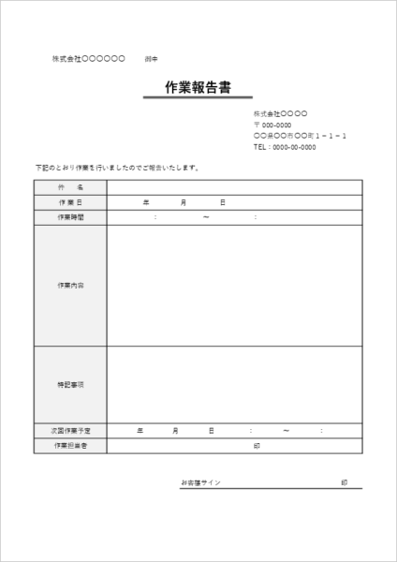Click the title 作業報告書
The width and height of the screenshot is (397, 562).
tap(198, 87)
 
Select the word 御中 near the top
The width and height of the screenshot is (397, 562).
tap(152, 59)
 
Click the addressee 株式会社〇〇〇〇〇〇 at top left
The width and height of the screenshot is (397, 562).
tap(88, 59)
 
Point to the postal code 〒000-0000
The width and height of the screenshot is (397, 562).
tap(272, 125)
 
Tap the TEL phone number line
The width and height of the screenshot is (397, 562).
tap(285, 147)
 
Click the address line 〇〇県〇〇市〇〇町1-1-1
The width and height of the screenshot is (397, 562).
tap(301, 136)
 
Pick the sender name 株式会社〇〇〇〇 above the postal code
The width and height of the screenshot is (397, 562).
tap(280, 113)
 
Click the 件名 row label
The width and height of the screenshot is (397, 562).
tap(70, 187)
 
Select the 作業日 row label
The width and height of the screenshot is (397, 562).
tap(70, 202)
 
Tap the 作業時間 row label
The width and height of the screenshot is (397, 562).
tap(70, 217)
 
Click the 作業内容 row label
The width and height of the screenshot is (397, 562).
tap(70, 285)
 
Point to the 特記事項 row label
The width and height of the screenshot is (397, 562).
tap(70, 385)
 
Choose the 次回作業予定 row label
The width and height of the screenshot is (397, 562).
tap(70, 431)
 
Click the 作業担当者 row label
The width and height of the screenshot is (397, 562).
tap(70, 446)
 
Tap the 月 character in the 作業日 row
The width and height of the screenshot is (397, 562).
tap(184, 202)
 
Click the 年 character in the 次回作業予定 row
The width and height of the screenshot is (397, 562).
tap(140, 431)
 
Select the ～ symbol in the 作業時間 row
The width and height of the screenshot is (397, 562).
tap(205, 217)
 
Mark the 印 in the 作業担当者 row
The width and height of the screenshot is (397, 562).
tap(257, 446)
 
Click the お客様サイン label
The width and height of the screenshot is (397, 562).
tap(201, 482)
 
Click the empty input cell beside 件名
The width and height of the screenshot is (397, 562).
tap(233, 187)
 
